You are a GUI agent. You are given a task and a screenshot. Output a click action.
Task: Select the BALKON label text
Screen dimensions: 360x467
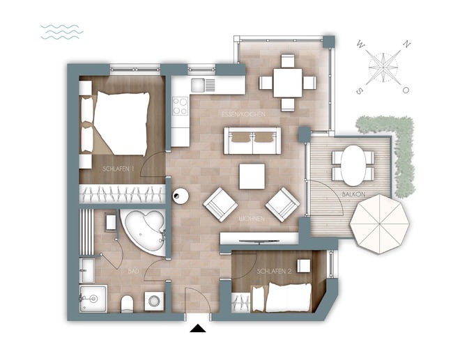tap(354, 194)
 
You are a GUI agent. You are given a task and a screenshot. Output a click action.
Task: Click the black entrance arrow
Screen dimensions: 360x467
tap(199, 329)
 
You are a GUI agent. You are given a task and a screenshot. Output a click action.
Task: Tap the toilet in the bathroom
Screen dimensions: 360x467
tap(128, 303)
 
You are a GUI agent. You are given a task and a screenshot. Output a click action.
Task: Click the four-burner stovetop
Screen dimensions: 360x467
tap(181, 106)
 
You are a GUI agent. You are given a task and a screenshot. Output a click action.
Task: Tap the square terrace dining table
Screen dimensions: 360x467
tap(287, 82)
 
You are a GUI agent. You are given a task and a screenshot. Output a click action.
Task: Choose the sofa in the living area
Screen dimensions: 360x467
tap(252, 141)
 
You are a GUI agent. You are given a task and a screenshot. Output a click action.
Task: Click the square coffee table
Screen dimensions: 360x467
tap(252, 176)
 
